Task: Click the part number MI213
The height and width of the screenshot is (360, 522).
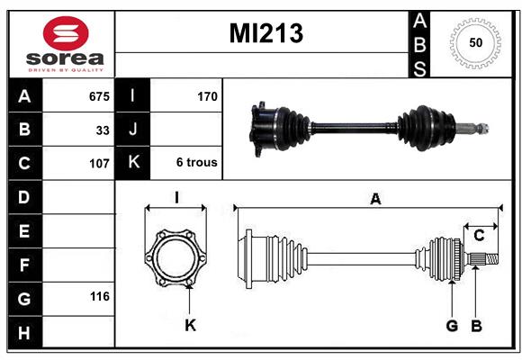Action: (266, 33)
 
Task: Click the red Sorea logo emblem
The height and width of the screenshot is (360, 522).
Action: (66, 33)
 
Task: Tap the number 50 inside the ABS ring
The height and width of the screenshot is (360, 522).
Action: (476, 42)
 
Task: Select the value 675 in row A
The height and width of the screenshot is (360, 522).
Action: (99, 96)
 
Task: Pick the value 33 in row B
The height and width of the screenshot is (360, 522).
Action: (103, 130)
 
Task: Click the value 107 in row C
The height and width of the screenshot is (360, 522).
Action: (99, 164)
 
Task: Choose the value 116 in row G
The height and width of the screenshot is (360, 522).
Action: (100, 296)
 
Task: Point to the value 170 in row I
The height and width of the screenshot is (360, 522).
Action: (207, 96)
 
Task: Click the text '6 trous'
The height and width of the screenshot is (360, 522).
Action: (197, 162)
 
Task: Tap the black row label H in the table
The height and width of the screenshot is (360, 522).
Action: (24, 332)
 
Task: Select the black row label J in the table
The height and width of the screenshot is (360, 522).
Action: (132, 129)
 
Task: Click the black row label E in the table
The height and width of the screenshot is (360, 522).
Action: (24, 230)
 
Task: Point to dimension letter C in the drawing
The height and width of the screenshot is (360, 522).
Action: (479, 236)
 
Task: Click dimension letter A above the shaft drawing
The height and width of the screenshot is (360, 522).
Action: (375, 199)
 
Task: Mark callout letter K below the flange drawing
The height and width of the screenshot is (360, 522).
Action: (191, 325)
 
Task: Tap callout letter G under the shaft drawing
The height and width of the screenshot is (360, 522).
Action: (452, 326)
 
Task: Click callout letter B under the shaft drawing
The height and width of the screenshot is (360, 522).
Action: (476, 326)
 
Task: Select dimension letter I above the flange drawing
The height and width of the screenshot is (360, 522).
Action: (176, 197)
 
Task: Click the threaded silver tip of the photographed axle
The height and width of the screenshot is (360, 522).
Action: (482, 128)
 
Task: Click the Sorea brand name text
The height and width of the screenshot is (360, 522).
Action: (65, 58)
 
